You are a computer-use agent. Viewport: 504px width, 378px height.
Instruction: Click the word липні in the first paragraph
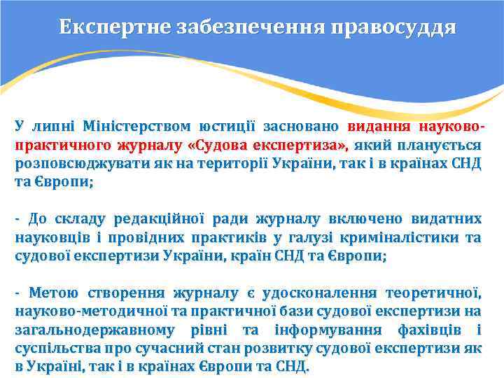[52, 127]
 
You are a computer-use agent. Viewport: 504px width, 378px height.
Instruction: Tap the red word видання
[377, 127]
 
